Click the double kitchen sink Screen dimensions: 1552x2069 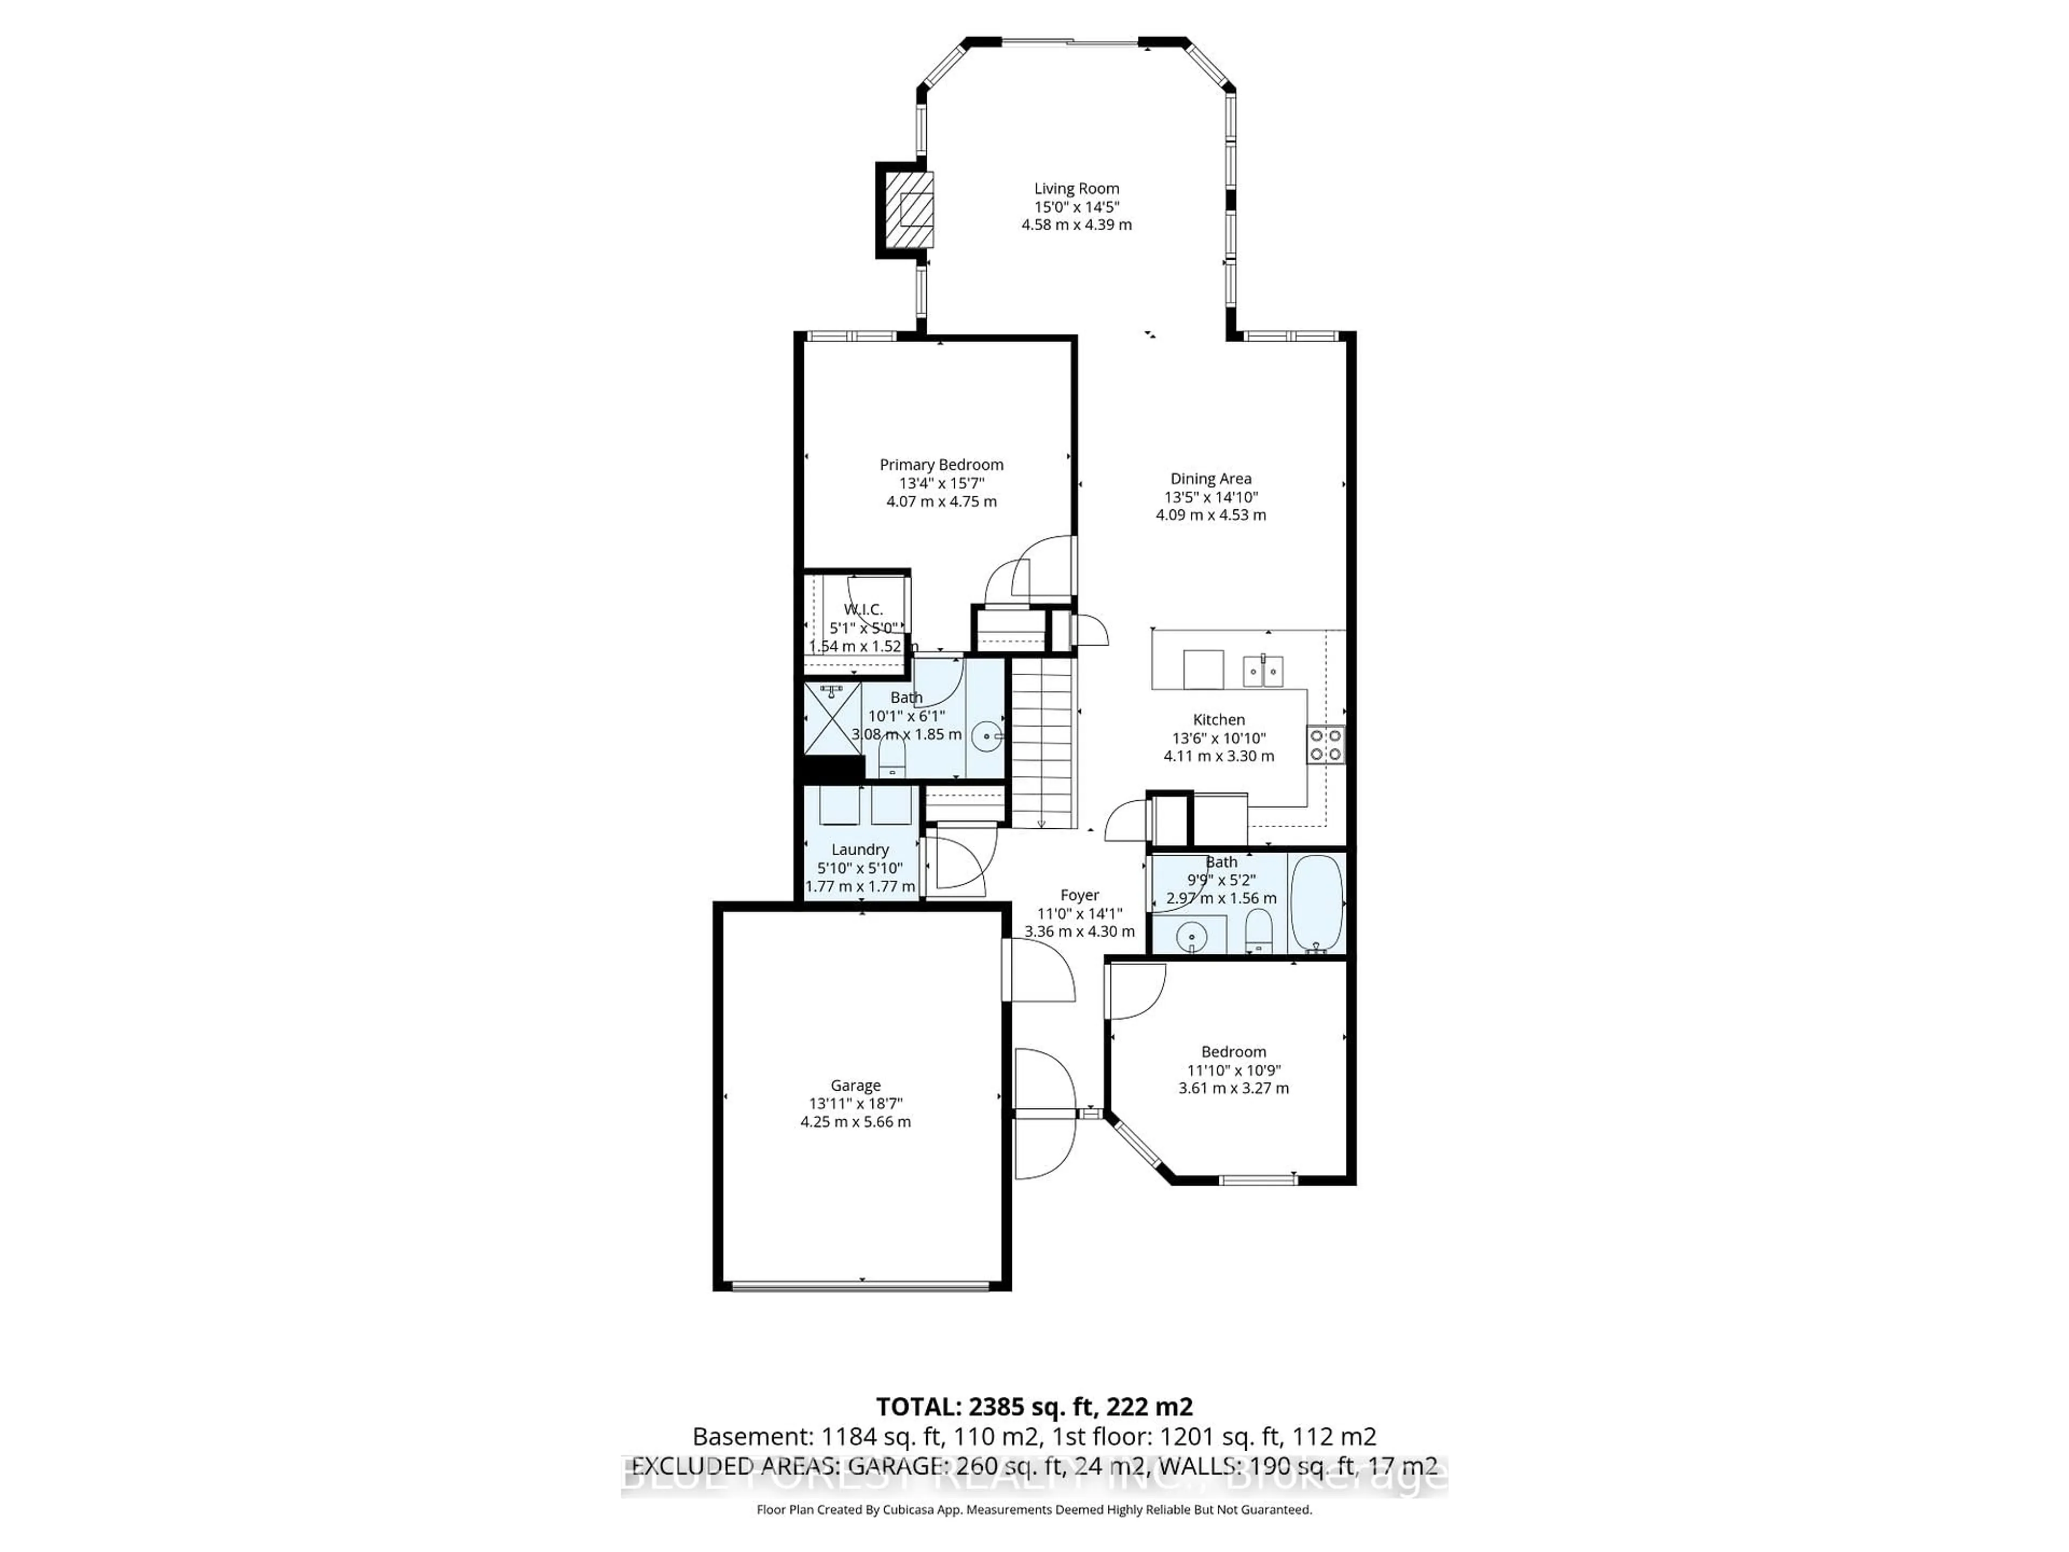tap(1263, 670)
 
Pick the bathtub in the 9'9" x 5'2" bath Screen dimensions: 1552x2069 tap(1316, 903)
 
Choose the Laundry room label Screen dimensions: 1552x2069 tap(859, 849)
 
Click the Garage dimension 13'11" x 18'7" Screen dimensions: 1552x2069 tap(855, 1104)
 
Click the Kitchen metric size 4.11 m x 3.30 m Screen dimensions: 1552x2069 tap(1219, 756)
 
